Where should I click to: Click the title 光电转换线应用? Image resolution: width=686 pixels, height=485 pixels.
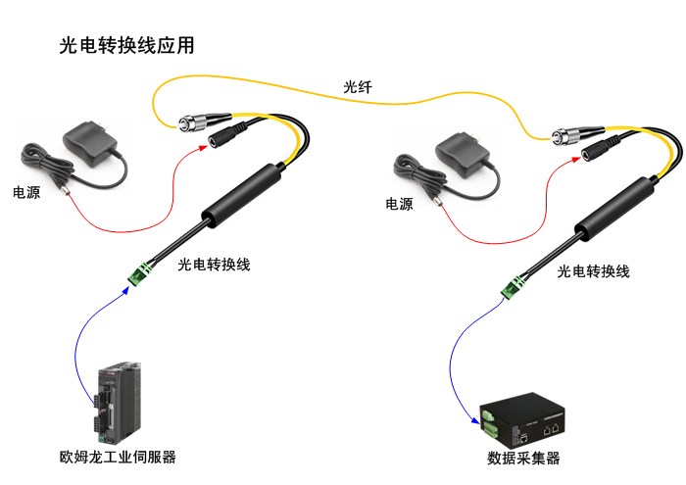coord(126,45)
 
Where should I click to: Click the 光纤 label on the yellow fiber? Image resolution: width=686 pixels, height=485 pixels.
coord(358,87)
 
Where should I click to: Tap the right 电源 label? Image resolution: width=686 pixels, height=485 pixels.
coord(399,204)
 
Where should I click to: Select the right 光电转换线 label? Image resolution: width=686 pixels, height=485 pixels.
coord(593,271)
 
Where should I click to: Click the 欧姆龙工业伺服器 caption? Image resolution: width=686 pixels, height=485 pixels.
coord(118,457)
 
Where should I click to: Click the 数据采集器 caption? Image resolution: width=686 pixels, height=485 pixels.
coord(523,458)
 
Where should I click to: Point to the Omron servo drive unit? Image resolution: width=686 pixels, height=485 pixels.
coord(121,403)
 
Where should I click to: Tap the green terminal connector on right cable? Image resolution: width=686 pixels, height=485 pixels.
coord(513,285)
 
